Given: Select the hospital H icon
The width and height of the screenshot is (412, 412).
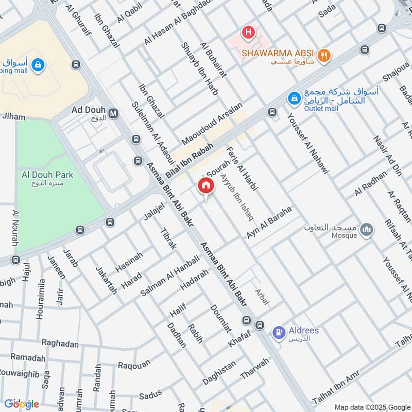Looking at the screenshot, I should (249, 32).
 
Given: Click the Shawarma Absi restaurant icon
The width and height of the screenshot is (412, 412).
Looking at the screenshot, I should (324, 55).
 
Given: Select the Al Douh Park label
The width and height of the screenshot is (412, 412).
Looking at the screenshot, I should (47, 175).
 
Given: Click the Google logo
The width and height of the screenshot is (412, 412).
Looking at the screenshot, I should (22, 404).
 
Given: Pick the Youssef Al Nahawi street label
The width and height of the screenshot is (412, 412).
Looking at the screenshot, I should (308, 143).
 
